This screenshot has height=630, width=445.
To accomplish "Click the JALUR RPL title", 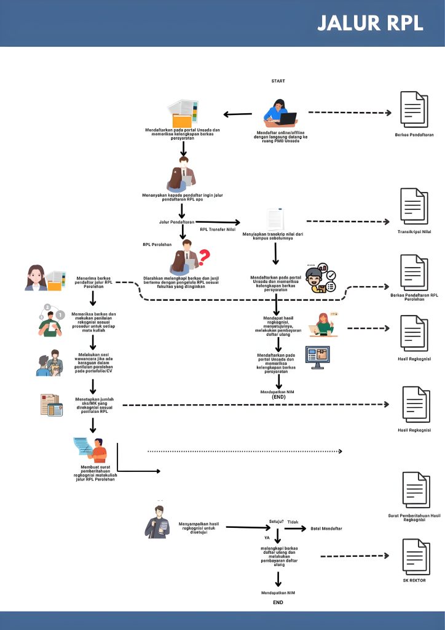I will click(x=371, y=23).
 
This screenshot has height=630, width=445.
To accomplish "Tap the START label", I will click(x=278, y=81).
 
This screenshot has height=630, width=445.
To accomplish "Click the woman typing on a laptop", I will click(x=280, y=114).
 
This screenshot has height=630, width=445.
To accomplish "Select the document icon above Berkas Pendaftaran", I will click(x=413, y=110).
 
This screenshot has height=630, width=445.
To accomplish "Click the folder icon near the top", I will click(x=183, y=114).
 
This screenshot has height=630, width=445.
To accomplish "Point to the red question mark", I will click(x=204, y=255).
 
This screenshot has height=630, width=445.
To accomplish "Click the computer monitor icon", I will click(x=318, y=357).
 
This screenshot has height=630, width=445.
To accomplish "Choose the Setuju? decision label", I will click(x=277, y=521).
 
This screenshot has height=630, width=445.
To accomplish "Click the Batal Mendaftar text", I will click(x=326, y=528).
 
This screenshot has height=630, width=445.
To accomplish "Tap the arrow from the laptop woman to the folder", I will click(x=237, y=114).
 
